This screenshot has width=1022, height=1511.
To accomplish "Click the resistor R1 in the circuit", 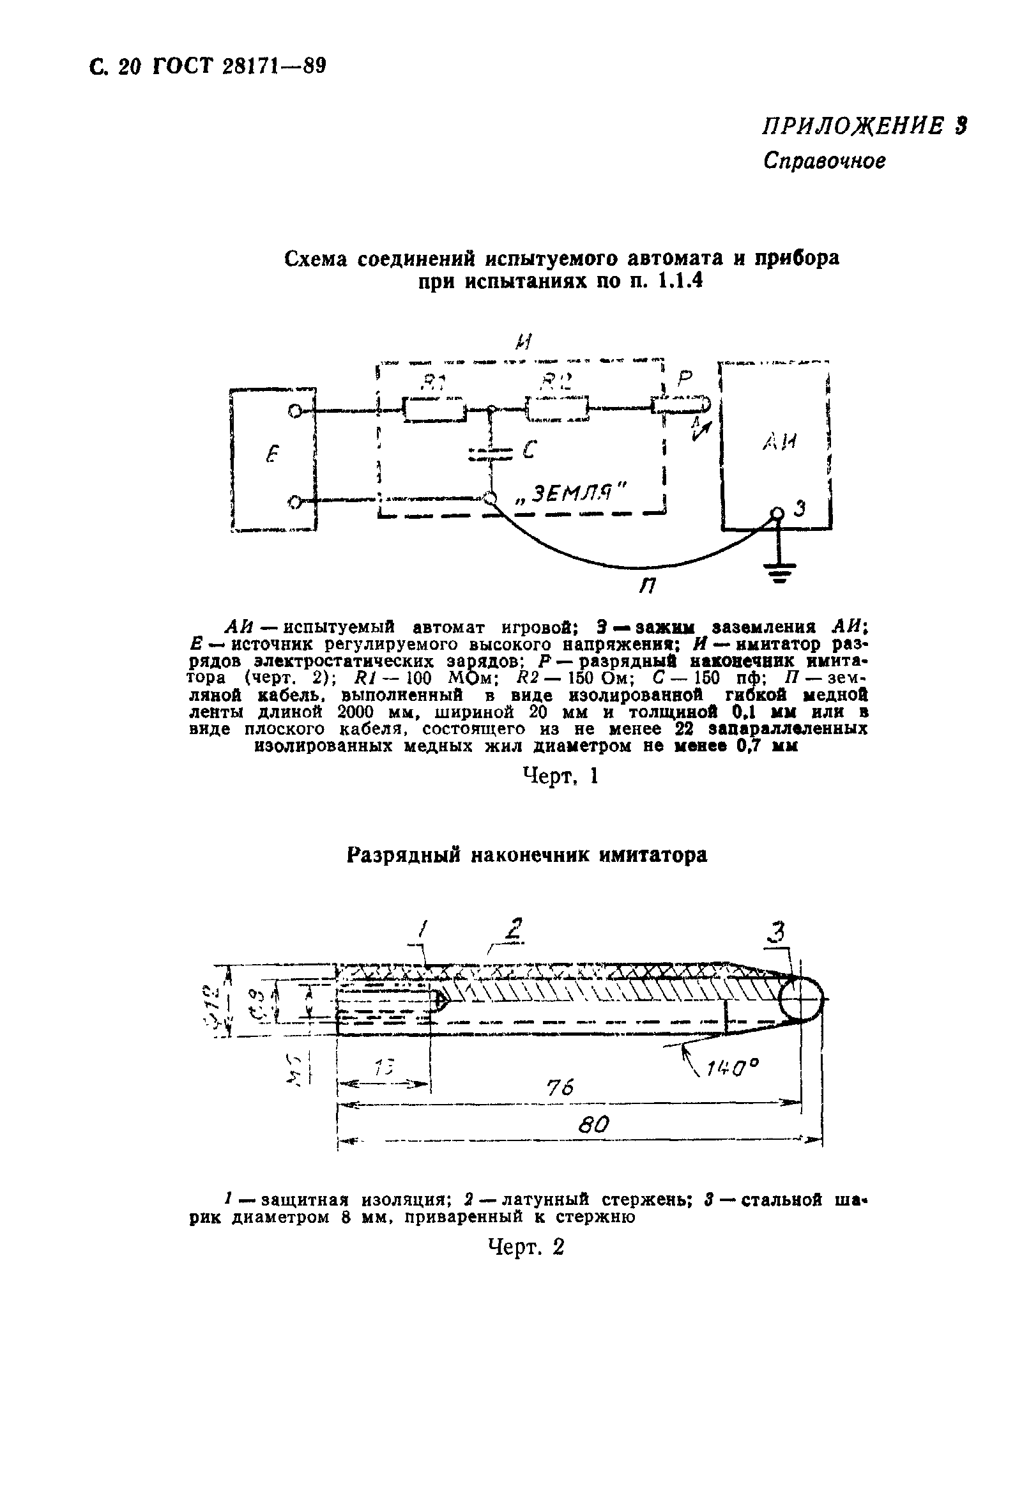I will (x=434, y=410).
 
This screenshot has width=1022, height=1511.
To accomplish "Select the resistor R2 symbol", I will (x=557, y=409).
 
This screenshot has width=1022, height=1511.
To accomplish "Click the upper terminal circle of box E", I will (x=294, y=410).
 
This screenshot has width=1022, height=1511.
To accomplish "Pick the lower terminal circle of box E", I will (x=294, y=502).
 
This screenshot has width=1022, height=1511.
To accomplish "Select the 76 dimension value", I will (x=560, y=1088).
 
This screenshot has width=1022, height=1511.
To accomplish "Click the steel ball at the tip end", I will (x=800, y=997).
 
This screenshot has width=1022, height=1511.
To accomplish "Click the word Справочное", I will (x=825, y=160).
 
